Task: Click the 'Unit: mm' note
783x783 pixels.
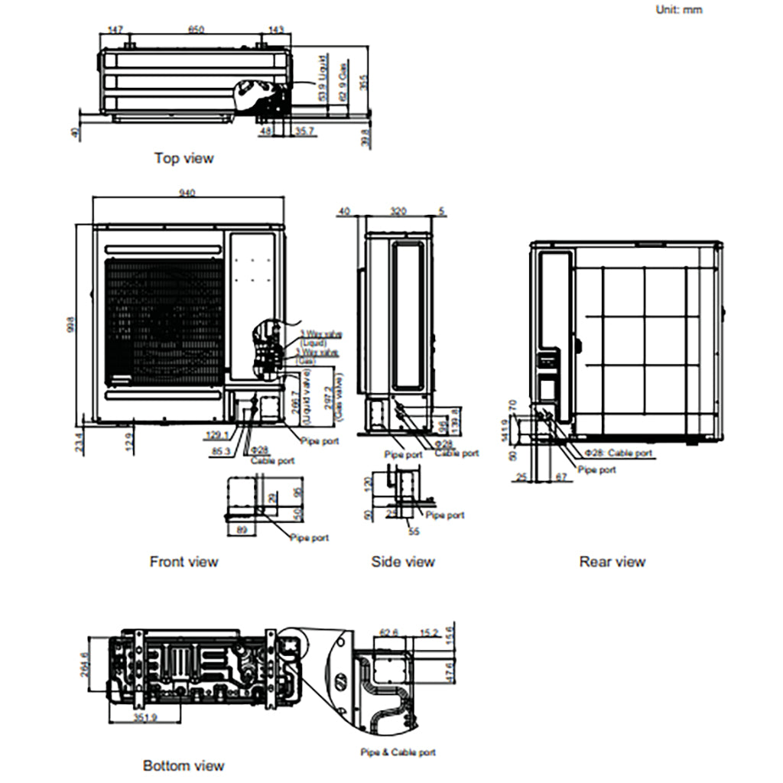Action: [x=678, y=10]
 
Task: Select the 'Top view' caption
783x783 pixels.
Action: [x=184, y=158]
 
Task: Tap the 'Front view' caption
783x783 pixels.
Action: [x=184, y=561]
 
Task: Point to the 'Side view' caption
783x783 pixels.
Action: [x=403, y=561]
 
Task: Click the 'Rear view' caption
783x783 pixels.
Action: [x=612, y=561]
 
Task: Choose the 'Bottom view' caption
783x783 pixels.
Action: [x=184, y=765]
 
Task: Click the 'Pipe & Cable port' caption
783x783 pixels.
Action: [x=398, y=752]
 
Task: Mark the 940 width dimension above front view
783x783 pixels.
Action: [x=187, y=193]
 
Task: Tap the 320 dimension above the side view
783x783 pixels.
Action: [x=398, y=210]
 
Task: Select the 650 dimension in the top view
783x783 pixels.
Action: [x=196, y=30]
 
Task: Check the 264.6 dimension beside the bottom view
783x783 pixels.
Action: [x=84, y=667]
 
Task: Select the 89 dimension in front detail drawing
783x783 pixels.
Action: [x=242, y=530]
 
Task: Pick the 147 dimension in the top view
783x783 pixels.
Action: [x=115, y=30]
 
